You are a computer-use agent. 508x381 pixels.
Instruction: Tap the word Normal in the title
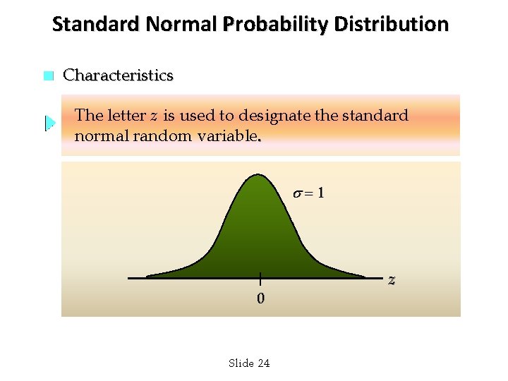coord(178,25)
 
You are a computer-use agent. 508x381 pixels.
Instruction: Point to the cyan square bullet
coord(48,76)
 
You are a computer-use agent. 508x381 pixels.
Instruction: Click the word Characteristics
coord(118,75)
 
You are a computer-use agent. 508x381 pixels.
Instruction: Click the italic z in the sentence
coord(154,116)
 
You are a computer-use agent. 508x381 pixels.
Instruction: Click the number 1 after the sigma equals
coord(321,193)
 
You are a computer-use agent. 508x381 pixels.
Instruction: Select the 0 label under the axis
coord(260,298)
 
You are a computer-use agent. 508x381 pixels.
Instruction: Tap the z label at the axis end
coord(392,280)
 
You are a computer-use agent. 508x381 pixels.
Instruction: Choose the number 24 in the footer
coord(263,363)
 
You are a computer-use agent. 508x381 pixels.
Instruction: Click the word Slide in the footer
coord(241,363)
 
